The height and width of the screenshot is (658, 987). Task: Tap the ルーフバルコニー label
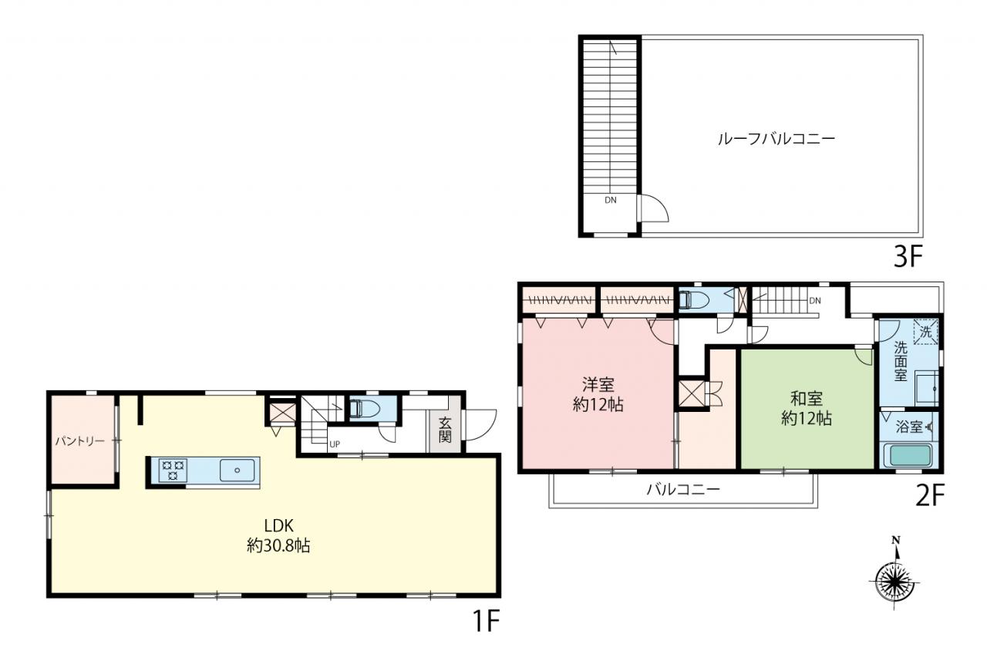[x=776, y=140]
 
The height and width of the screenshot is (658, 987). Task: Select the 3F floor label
[x=908, y=257]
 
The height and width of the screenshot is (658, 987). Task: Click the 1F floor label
[x=486, y=622]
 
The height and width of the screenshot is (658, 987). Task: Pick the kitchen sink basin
[x=237, y=471]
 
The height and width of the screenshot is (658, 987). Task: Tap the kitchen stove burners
[x=173, y=470]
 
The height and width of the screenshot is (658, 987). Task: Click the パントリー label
[x=79, y=441]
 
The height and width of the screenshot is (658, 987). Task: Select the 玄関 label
[x=445, y=429]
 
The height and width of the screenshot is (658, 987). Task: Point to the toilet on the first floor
[x=365, y=408]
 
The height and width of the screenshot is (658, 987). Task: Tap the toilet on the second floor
[x=693, y=300]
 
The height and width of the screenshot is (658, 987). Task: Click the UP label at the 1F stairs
[x=335, y=444]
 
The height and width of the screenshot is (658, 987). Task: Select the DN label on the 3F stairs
[x=610, y=200]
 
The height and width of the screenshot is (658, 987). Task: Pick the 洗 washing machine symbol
[x=925, y=332]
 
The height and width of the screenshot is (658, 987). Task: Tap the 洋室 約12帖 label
[x=598, y=394]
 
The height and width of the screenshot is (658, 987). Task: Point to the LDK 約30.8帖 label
[x=278, y=535]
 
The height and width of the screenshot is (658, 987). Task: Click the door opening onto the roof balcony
[x=654, y=208]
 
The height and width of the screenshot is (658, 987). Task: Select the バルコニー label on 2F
[x=683, y=489]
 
